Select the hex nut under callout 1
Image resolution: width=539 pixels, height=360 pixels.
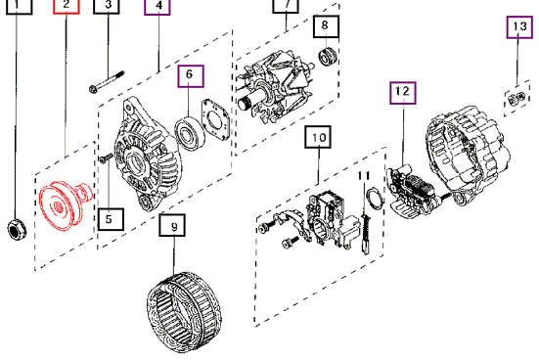pos(17,229)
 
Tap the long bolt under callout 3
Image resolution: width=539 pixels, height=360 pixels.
pos(107,82)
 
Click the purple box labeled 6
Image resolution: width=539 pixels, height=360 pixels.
pos(191,76)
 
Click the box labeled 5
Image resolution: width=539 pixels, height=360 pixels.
pos(111,219)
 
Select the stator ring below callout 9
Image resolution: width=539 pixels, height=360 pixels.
pos(184,312)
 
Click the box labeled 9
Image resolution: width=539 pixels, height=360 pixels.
pos(172,226)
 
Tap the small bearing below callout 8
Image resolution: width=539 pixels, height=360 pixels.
pos(327,57)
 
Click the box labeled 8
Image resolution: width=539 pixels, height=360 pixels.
pos(326,26)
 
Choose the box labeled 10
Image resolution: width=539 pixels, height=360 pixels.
pos(318,137)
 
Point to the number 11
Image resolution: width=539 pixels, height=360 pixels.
pos(364,176)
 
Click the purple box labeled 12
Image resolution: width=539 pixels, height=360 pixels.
pos(403,93)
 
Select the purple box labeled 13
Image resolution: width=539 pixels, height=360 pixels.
pos(519,26)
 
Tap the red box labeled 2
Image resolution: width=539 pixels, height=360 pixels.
pos(67,6)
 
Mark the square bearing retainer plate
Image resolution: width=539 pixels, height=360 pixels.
pos(215,119)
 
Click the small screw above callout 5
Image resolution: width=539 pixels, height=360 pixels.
pos(106,158)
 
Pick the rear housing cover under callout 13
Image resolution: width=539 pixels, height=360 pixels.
pos(468,156)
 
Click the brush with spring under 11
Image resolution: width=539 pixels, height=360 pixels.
pos(365,233)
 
